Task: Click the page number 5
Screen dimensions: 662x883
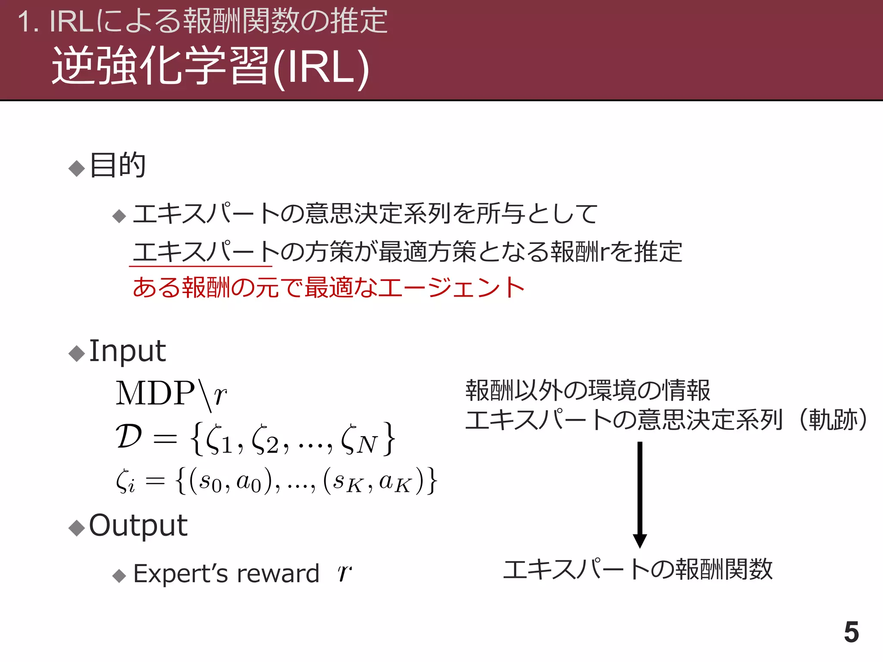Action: [x=851, y=632]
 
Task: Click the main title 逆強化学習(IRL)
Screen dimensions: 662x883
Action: [x=210, y=67]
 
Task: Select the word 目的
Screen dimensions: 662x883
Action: [x=118, y=165]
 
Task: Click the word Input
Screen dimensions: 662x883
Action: [x=127, y=351]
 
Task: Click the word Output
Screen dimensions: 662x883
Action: [x=138, y=525]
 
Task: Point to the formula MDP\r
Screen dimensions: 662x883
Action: [x=171, y=394]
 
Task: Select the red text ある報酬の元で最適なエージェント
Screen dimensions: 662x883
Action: [x=329, y=287]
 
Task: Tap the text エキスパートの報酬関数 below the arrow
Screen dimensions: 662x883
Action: [x=638, y=569]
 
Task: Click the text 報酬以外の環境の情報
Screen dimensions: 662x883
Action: [x=587, y=390]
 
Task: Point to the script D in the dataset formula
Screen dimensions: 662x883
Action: [x=129, y=437]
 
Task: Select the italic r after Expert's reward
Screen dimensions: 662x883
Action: [x=344, y=573]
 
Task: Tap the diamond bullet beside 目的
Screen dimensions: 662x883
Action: [x=77, y=168]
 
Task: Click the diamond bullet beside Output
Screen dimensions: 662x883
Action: [x=77, y=528]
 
